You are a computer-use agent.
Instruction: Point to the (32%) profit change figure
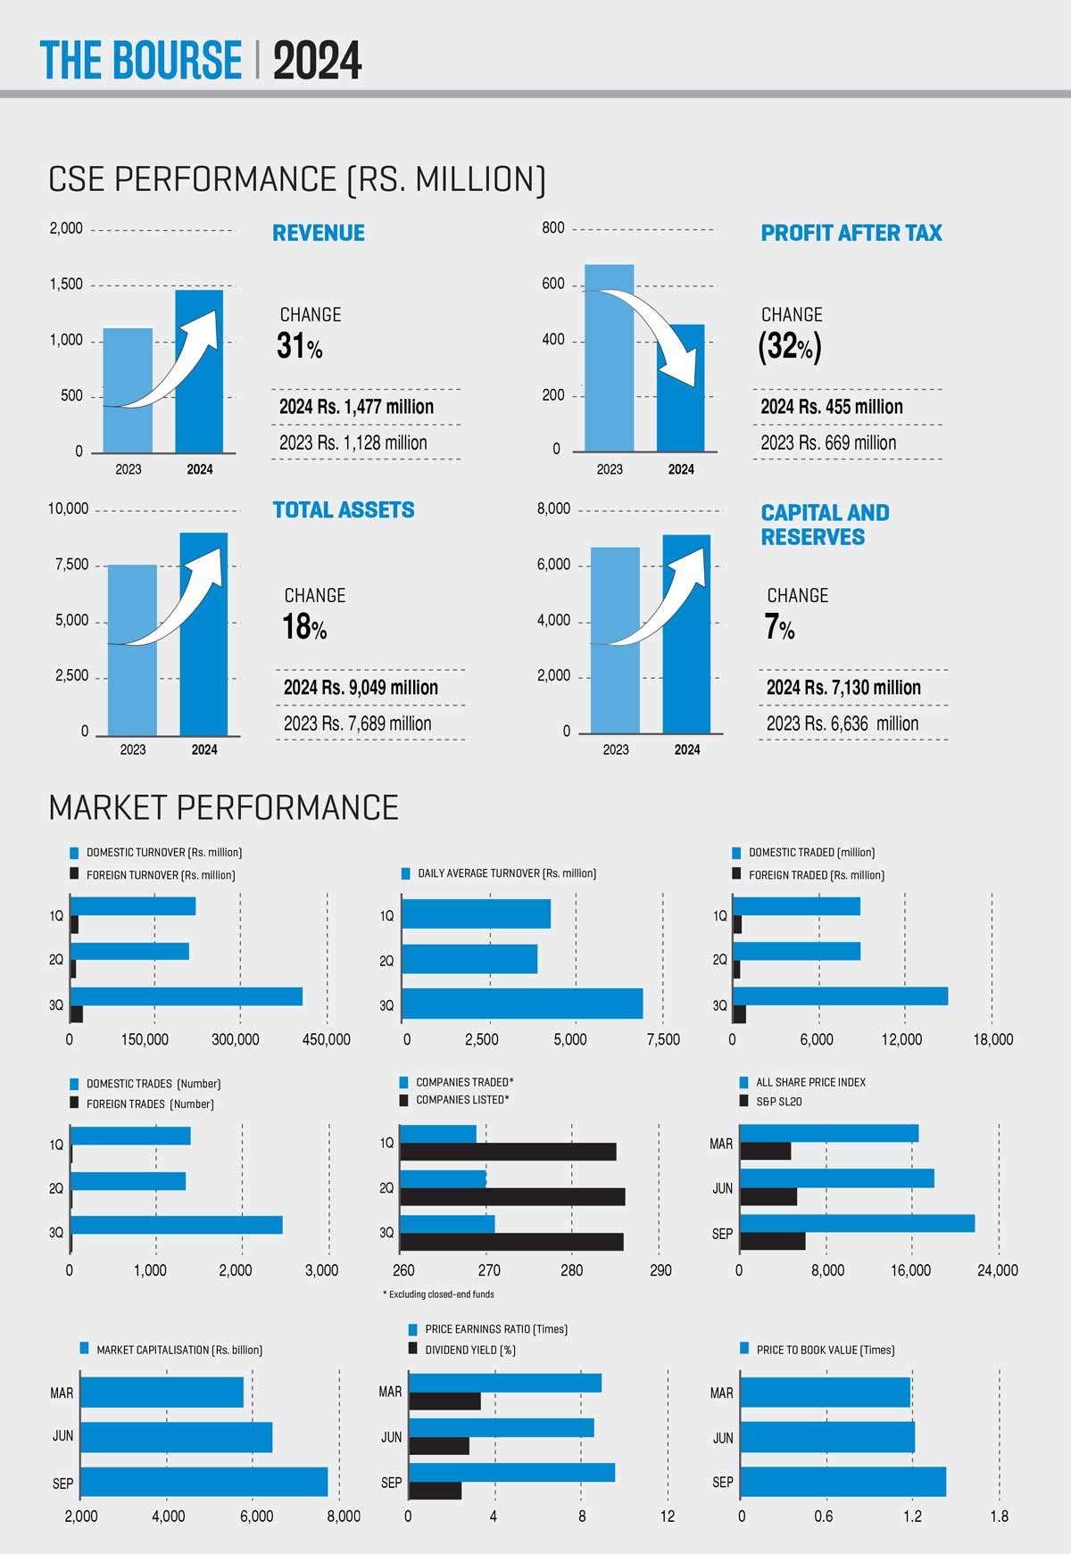tap(790, 346)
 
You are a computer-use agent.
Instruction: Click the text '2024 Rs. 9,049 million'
tap(361, 688)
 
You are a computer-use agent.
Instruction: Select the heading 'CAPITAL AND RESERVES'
tap(825, 525)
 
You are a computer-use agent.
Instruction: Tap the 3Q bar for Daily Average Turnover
tap(522, 1004)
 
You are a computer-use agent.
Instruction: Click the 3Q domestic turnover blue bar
tap(186, 996)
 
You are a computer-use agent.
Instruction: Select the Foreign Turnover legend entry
tap(160, 875)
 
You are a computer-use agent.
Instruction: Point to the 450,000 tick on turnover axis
tap(326, 1039)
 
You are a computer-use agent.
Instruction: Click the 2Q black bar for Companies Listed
tap(511, 1197)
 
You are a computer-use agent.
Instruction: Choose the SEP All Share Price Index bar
tap(857, 1223)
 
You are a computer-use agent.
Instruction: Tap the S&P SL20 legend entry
tap(778, 1102)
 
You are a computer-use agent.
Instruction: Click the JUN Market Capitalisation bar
tap(176, 1437)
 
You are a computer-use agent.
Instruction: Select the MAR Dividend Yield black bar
tap(444, 1401)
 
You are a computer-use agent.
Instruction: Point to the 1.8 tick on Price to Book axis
tap(999, 1517)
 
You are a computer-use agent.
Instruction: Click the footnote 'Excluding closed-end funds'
tap(439, 1294)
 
